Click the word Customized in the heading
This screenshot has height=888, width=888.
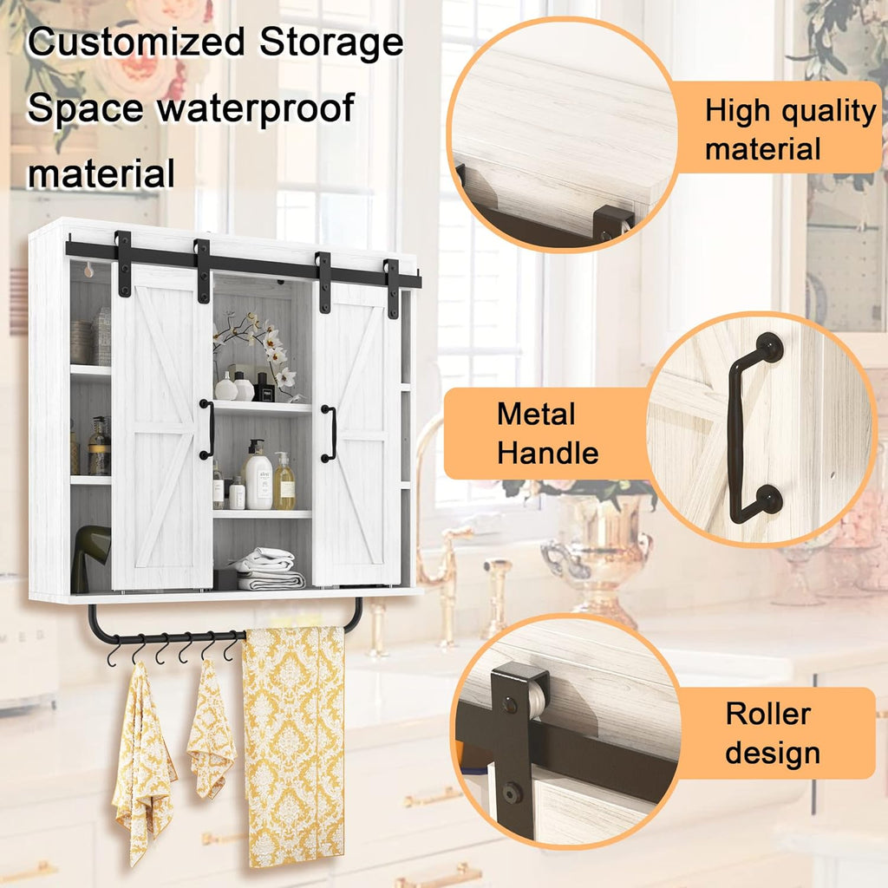(x=136, y=43)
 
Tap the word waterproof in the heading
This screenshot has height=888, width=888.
(x=256, y=108)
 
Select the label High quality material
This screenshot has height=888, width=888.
(x=789, y=130)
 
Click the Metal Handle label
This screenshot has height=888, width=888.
(x=547, y=434)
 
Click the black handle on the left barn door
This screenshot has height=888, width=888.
(x=206, y=429)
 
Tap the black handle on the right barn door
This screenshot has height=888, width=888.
(x=329, y=434)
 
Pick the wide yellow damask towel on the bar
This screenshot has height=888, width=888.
(x=293, y=746)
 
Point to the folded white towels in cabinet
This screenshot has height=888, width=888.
(x=269, y=569)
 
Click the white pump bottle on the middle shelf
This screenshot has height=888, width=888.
(x=258, y=476)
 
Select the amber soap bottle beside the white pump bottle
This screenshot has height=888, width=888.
(x=284, y=481)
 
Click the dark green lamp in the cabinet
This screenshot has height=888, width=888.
(x=89, y=558)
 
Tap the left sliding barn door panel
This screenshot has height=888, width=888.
(x=162, y=428)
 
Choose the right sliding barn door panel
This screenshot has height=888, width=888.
(x=356, y=434)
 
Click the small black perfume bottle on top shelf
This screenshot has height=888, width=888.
(x=264, y=388)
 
